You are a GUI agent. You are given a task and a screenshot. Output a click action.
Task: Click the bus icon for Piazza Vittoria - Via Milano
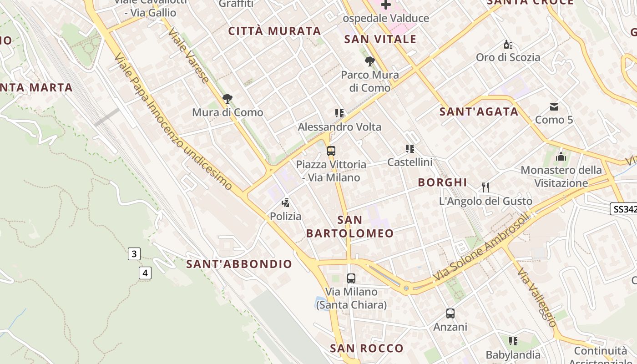click(x=331, y=151)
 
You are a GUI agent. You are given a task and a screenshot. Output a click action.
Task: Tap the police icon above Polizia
click(x=286, y=203)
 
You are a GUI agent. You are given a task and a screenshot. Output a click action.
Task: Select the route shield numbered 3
click(x=134, y=254)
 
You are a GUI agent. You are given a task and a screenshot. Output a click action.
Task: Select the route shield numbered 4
click(x=145, y=273)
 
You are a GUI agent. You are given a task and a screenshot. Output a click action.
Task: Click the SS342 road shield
click(x=623, y=209)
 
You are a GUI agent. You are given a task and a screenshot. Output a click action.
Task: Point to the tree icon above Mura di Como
click(x=227, y=99)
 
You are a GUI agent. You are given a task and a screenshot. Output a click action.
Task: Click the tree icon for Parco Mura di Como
click(x=370, y=61)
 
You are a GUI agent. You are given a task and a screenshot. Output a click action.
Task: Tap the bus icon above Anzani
click(x=450, y=313)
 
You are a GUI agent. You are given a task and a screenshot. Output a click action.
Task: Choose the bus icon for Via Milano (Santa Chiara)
click(x=351, y=278)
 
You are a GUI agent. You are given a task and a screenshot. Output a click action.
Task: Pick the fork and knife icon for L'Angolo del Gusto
click(x=485, y=187)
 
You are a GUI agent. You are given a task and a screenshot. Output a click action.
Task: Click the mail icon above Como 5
click(x=554, y=107)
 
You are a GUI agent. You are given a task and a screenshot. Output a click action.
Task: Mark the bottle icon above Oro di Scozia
click(x=508, y=45)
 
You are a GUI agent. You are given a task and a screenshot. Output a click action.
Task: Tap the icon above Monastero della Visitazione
click(x=561, y=157)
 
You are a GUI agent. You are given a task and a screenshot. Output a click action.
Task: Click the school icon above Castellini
click(x=410, y=149)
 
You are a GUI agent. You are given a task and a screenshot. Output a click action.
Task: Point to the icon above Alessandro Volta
click(x=339, y=113)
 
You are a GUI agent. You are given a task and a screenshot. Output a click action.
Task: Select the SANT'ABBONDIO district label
click(x=239, y=264)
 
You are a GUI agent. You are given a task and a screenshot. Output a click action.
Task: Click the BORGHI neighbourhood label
click(x=442, y=182)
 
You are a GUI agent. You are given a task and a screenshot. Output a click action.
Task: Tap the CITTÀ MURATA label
click(x=275, y=31)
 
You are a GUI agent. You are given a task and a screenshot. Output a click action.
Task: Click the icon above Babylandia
click(x=513, y=341)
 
